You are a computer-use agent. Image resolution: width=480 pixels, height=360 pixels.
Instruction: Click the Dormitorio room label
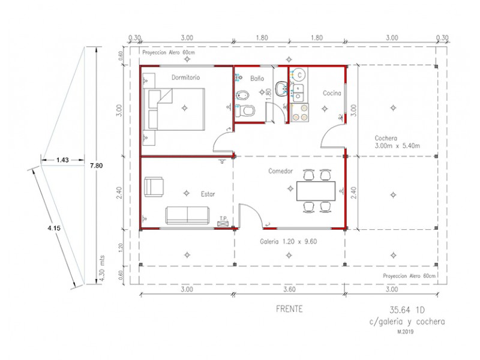click(185, 77)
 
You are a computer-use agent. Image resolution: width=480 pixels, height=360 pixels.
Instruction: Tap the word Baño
click(257, 79)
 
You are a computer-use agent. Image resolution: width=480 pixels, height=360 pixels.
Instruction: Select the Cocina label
click(332, 93)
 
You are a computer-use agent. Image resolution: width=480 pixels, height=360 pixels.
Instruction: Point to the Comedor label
click(280, 171)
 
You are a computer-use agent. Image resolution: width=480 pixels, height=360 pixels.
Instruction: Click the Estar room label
click(208, 194)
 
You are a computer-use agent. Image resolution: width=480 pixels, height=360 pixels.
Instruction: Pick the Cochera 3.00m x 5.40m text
click(397, 142)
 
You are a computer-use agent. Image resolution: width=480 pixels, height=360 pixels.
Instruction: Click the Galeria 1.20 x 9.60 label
click(289, 242)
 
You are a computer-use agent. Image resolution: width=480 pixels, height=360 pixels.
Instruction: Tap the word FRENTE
click(289, 309)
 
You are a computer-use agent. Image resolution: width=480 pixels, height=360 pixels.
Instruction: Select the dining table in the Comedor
click(316, 191)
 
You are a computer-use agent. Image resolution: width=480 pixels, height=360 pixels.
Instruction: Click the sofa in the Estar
click(188, 215)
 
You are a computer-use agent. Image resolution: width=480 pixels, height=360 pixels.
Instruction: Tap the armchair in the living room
click(154, 187)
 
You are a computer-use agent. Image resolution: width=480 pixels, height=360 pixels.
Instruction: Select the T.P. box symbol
click(223, 224)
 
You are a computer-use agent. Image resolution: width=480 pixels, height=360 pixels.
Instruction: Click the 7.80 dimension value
click(96, 166)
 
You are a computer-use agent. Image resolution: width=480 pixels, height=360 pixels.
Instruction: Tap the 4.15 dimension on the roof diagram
click(54, 228)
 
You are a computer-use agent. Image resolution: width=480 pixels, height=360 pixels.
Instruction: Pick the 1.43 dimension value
click(62, 160)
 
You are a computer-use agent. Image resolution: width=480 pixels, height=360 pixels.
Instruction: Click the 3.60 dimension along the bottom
click(289, 289)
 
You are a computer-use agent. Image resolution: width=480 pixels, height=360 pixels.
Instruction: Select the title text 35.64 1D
click(407, 310)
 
